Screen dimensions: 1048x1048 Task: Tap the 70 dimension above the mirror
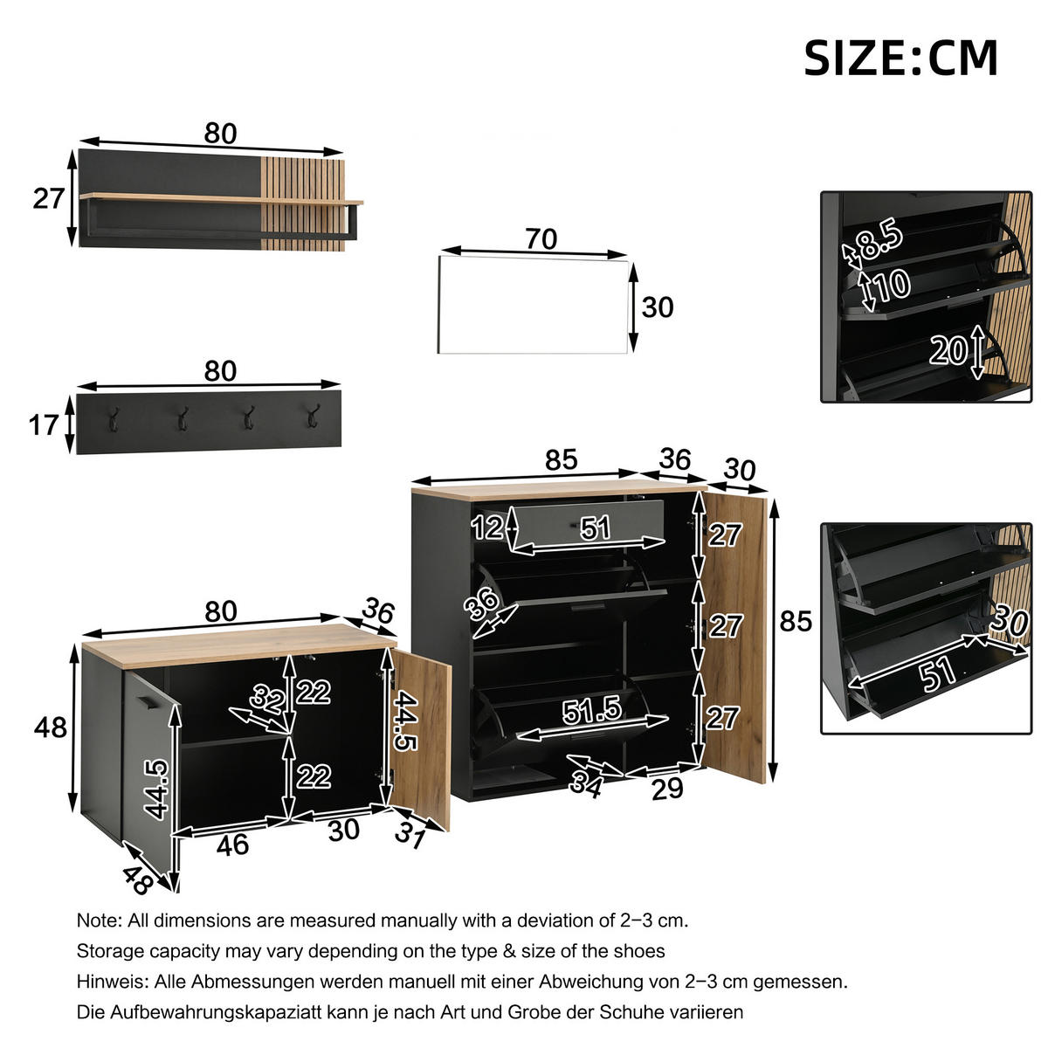click(541, 238)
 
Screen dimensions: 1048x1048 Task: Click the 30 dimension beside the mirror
click(658, 307)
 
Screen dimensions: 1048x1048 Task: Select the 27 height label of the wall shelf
click(49, 198)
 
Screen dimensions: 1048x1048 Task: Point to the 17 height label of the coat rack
click(44, 425)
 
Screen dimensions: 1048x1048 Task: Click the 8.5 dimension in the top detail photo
click(878, 241)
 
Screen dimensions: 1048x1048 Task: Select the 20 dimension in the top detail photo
click(948, 350)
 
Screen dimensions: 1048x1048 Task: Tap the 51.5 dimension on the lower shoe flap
click(591, 711)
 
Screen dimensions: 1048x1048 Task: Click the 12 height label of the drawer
click(487, 527)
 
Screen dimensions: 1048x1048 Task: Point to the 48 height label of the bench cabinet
click(50, 726)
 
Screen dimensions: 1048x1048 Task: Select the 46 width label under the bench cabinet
click(232, 845)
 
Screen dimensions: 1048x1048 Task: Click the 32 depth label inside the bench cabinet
click(266, 698)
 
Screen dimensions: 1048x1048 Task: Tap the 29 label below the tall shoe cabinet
click(667, 789)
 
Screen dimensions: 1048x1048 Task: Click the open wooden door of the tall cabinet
click(735, 638)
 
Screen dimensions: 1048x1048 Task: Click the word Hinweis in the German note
click(112, 982)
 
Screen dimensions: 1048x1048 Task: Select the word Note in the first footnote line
click(96, 920)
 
